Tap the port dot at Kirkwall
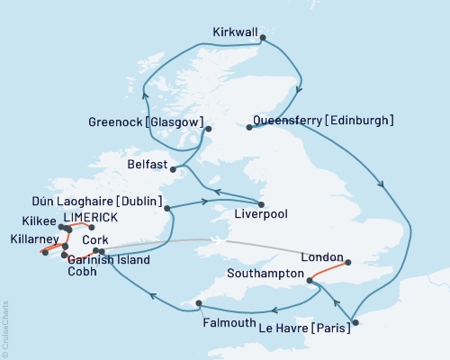[x=262, y=37]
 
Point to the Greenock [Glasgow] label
[x=145, y=121]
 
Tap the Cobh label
[x=80, y=272]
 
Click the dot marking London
[x=350, y=265]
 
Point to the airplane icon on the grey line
[x=214, y=239]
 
